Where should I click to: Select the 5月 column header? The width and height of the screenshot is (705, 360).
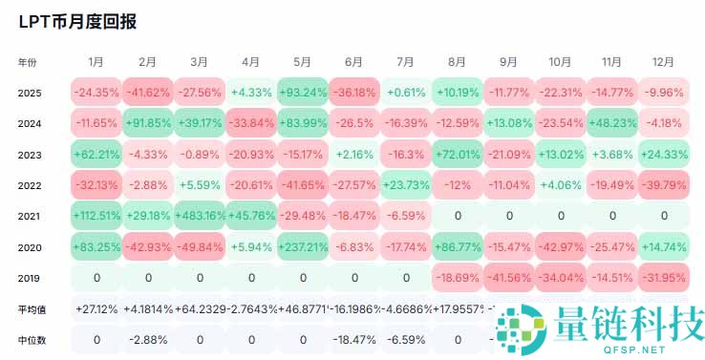coord(302,62)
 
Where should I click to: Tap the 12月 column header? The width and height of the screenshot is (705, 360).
coord(663,62)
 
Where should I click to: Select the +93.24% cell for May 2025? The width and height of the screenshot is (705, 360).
coord(302,93)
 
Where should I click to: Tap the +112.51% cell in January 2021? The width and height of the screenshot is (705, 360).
coord(96,216)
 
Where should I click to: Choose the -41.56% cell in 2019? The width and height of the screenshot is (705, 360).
coord(508,278)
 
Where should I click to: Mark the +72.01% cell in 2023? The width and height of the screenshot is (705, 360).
coord(457,155)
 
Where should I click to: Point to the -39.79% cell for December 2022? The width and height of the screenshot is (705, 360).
coord(663,185)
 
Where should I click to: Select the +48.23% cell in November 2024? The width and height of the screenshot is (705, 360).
coord(611,123)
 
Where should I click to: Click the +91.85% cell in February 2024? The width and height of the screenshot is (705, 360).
coord(147,123)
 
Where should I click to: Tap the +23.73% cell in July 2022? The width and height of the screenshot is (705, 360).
coord(405,185)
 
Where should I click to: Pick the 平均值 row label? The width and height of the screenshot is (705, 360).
coord(31,309)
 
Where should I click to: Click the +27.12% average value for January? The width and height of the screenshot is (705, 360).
coord(96,309)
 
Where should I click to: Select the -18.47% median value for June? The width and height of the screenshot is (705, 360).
coord(353,339)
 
